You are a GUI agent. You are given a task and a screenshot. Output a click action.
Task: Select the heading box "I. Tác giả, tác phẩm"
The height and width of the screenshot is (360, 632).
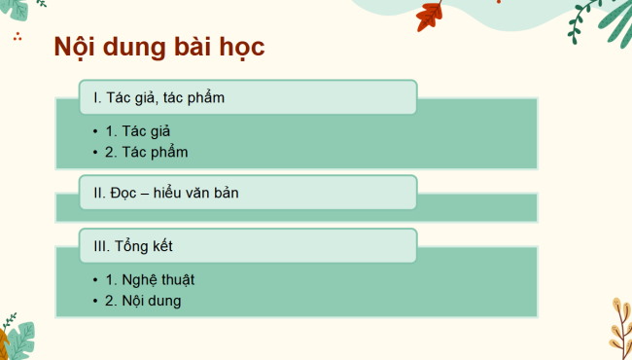248,97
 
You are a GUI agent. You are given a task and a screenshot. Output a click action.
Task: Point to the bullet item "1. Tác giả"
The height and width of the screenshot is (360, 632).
144,130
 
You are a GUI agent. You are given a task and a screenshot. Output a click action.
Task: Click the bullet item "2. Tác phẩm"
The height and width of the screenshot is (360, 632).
147,152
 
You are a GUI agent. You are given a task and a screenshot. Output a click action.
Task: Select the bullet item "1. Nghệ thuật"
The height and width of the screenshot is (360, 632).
151,279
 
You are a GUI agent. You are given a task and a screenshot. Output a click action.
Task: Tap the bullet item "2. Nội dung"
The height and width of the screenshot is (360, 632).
144,301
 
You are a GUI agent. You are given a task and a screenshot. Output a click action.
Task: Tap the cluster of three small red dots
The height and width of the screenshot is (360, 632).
18,38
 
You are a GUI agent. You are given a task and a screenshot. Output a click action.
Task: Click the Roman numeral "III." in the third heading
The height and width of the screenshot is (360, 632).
101,246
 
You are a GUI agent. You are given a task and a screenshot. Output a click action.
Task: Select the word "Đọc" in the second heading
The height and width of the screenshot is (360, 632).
125,193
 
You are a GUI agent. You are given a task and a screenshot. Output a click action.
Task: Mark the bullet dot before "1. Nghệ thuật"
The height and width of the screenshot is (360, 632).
94,280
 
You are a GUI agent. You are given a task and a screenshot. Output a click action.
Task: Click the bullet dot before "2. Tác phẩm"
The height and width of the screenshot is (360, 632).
94,153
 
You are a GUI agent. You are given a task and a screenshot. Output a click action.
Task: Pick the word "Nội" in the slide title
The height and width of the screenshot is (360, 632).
77,49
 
